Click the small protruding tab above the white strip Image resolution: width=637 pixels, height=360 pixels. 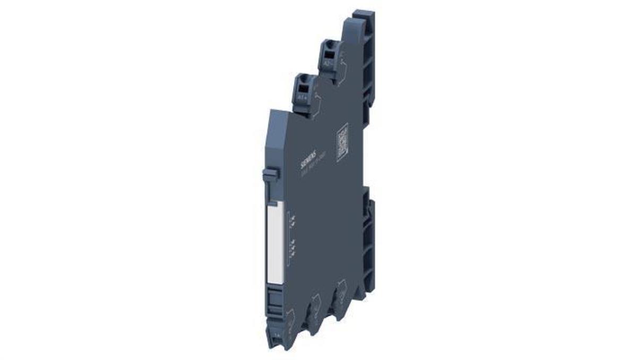271,174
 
